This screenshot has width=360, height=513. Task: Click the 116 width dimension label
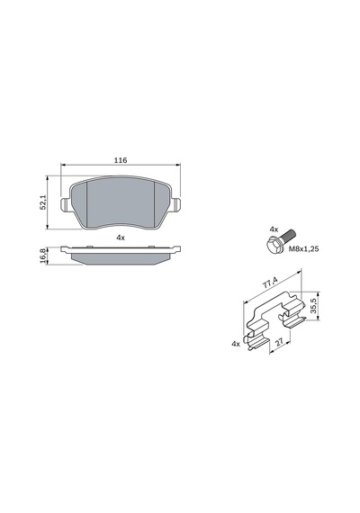(121, 160)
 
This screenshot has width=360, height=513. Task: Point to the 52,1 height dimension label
(43, 203)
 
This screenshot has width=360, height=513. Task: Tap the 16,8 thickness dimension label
(42, 256)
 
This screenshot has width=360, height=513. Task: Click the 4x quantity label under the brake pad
(121, 238)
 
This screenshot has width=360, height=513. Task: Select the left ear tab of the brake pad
(66, 205)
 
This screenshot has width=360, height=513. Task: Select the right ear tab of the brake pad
(176, 205)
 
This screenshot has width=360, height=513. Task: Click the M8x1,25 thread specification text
(303, 249)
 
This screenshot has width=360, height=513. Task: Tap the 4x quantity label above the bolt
(274, 229)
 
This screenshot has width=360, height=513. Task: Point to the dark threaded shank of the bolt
(288, 236)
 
